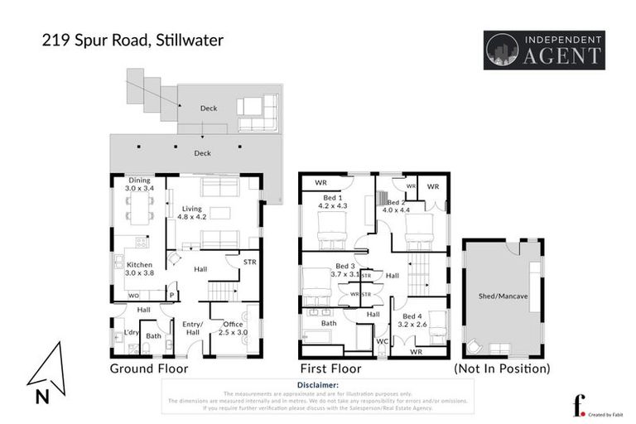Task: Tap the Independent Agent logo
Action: (544, 50)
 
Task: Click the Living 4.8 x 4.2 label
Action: (192, 213)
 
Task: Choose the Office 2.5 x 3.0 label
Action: (232, 328)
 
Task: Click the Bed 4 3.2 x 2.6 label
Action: (416, 320)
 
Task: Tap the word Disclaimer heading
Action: (316, 386)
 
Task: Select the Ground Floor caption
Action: (149, 369)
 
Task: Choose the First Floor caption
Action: (331, 369)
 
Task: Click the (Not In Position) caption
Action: (502, 369)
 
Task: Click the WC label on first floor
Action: (382, 340)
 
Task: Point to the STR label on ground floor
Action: (249, 263)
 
